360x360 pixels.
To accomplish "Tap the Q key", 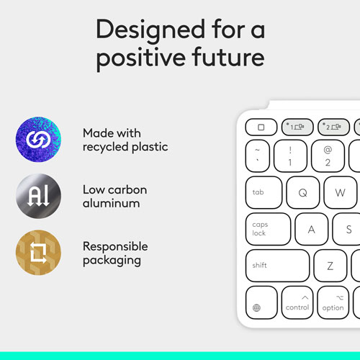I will click(x=302, y=192).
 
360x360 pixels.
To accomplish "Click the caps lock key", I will click(x=268, y=229).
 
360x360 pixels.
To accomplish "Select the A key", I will click(x=312, y=229).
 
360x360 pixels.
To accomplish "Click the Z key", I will click(x=330, y=266).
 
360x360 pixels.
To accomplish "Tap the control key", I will click(x=297, y=303).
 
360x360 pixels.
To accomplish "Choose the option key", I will click(x=333, y=303).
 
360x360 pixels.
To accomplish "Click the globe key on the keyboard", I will click(x=261, y=303).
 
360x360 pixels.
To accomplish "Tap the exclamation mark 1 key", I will click(x=289, y=156).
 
